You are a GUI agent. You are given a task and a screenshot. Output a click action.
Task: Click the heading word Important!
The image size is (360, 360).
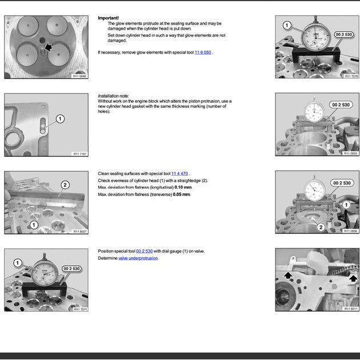point(108,18)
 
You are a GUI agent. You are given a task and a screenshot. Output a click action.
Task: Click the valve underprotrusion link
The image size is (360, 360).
point(138,258)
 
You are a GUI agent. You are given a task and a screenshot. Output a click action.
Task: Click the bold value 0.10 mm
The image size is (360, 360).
point(183,187)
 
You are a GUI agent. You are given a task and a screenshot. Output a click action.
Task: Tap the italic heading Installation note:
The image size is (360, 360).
point(114,96)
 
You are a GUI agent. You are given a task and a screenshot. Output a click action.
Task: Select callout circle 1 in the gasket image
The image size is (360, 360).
point(60,119)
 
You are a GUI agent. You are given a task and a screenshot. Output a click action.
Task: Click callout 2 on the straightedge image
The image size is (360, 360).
point(65,184)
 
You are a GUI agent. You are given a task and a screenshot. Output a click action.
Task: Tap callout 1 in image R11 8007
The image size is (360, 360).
point(34,225)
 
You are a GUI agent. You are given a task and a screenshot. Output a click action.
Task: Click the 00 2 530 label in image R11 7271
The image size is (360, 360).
point(71,268)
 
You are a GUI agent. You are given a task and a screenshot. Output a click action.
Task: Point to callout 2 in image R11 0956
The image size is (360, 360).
point(321,226)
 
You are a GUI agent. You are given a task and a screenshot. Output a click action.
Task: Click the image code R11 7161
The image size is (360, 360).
point(79,153)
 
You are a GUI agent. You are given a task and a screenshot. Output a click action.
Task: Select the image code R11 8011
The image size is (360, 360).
point(351,309)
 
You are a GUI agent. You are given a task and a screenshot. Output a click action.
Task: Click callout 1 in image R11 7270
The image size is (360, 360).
point(287,25)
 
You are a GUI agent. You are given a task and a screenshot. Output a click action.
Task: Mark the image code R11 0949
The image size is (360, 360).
point(79,76)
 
